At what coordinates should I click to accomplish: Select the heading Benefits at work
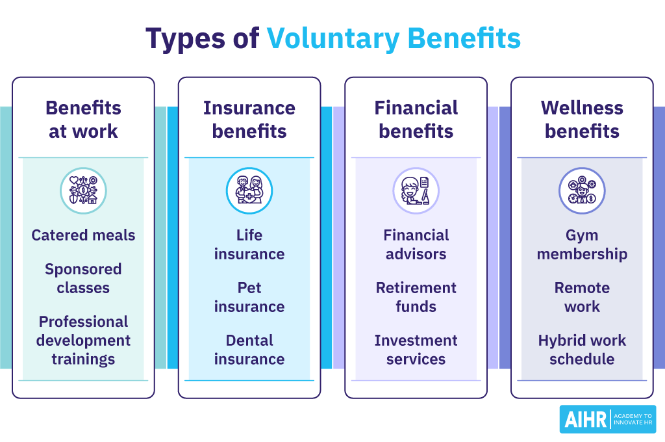click(83, 120)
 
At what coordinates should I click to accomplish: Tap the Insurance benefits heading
click(249, 120)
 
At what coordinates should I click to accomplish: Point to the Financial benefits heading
click(416, 120)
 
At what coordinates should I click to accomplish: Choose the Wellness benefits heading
click(582, 120)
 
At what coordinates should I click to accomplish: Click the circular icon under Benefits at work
click(83, 190)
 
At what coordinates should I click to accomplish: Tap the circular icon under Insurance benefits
click(249, 190)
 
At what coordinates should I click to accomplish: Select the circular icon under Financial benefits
click(416, 190)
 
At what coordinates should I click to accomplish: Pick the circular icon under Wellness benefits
click(582, 190)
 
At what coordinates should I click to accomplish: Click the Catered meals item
click(83, 235)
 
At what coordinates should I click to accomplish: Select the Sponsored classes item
click(83, 278)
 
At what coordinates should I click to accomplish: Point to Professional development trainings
click(83, 341)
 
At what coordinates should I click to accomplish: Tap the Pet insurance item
click(249, 297)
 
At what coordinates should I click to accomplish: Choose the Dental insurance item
click(249, 350)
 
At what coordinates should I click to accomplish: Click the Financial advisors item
click(416, 244)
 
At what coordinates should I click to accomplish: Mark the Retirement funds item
click(416, 297)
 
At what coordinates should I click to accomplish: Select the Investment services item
click(416, 350)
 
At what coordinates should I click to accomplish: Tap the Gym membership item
click(582, 244)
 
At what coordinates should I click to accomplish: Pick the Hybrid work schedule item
click(582, 350)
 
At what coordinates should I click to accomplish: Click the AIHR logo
click(607, 419)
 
